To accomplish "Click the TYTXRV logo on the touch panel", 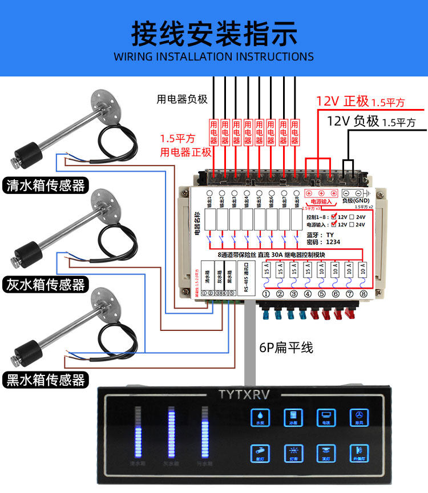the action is [244, 394].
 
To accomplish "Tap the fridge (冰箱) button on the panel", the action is [293, 417].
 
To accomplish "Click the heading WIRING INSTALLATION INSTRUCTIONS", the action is [214, 56].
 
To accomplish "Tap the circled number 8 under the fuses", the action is [364, 294].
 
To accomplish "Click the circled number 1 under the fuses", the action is [266, 294].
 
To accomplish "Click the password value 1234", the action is [333, 242].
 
